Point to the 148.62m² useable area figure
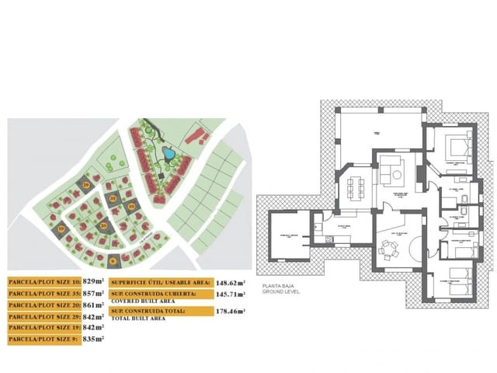[x=231, y=284]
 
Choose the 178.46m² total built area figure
[x=231, y=312]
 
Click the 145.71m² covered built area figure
[x=231, y=295]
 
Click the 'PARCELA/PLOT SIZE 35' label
[x=44, y=294]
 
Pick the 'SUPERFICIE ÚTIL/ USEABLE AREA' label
[x=160, y=284]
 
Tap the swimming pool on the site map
[x=168, y=155]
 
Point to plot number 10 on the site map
[x=132, y=206]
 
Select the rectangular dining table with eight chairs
[x=357, y=187]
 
